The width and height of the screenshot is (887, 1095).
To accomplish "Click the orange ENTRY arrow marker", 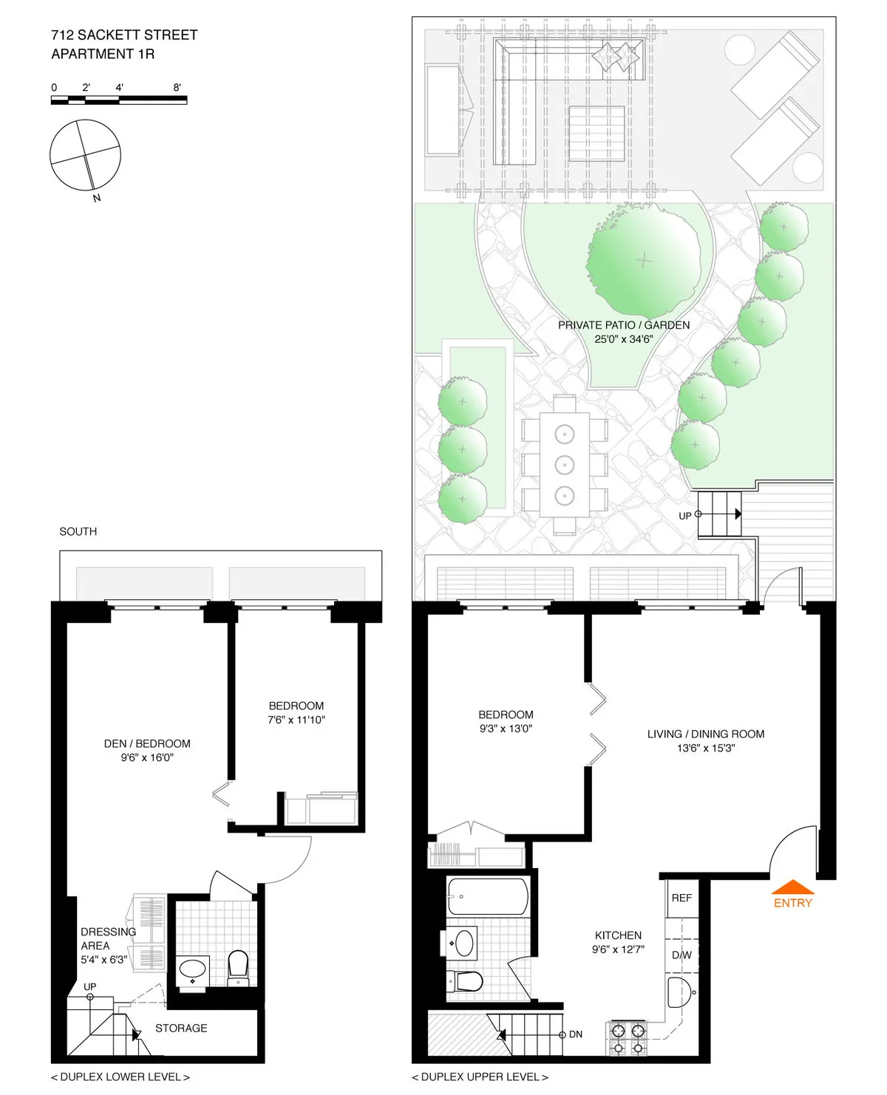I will click(792, 887).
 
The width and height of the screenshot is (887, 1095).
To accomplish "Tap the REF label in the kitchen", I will click(682, 898).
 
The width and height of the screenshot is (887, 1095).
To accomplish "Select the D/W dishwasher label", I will click(682, 955).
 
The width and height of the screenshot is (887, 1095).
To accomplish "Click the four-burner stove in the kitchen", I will click(628, 1038).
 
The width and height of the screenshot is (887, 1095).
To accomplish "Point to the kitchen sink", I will click(679, 992).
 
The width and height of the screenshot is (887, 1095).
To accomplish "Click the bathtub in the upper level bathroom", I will click(488, 897).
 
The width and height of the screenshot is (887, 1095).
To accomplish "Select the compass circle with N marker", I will click(85, 155).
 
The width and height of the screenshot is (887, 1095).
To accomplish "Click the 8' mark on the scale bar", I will click(177, 87).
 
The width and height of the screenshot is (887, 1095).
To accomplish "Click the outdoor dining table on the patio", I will click(564, 464).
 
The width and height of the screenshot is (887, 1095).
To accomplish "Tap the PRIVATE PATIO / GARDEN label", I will click(623, 325).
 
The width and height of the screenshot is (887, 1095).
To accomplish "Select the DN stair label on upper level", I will click(576, 1034).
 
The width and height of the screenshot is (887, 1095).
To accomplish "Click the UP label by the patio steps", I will click(684, 516).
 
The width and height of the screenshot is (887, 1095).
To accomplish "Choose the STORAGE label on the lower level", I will click(181, 1028).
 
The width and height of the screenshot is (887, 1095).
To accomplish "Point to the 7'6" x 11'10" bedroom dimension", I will click(296, 720).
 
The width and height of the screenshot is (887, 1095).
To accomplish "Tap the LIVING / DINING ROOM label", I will click(706, 734).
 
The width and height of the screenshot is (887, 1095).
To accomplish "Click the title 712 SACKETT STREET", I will click(124, 35).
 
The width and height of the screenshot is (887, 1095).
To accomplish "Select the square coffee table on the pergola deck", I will click(597, 133).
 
